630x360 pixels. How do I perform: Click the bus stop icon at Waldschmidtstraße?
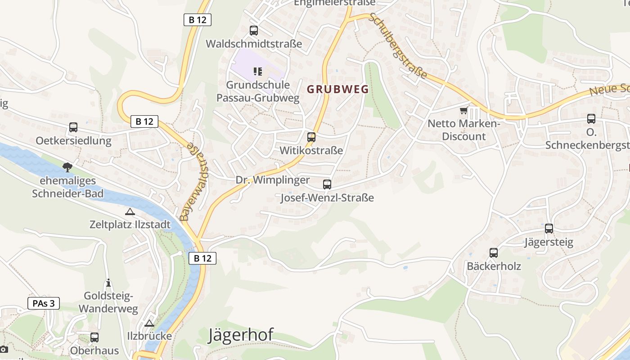click(254, 31)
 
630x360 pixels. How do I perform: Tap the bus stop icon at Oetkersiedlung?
click(73, 127)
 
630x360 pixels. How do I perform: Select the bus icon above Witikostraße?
click(311, 137)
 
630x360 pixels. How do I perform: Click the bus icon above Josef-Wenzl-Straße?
click(327, 184)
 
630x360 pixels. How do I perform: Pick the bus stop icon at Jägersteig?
click(549, 228)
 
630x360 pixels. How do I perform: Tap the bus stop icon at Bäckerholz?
click(494, 252)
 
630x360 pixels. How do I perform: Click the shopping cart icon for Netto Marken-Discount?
click(463, 110)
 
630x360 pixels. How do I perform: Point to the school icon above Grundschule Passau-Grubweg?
click(258, 71)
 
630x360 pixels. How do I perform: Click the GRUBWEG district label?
click(337, 89)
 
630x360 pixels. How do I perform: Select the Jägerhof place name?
click(241, 335)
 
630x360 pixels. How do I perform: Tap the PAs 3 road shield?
click(44, 303)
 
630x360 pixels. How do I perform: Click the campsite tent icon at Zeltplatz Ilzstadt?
click(130, 211)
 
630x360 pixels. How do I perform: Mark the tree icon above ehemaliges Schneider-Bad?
click(67, 167)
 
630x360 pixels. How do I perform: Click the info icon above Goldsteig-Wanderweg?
click(108, 283)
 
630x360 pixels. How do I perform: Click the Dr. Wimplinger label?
click(273, 180)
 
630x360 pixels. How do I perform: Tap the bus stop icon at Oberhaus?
click(94, 337)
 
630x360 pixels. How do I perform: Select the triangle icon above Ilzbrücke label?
click(149, 323)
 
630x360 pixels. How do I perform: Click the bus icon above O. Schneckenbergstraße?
click(591, 119)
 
